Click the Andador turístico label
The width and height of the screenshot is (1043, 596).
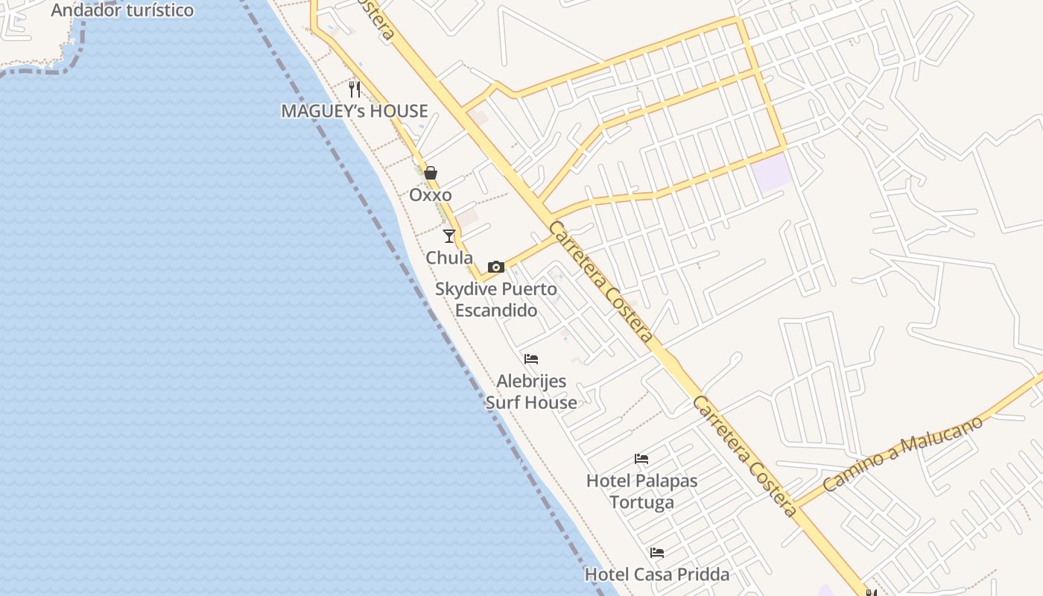(x=122, y=10)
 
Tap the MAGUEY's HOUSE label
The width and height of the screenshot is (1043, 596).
(x=355, y=111)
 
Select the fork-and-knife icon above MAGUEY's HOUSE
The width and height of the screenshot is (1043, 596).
(x=355, y=89)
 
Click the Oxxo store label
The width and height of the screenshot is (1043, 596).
(x=431, y=195)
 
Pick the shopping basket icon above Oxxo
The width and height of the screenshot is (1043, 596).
(x=431, y=174)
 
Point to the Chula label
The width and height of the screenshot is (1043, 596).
(x=449, y=258)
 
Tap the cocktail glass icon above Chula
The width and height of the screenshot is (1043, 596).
(x=449, y=236)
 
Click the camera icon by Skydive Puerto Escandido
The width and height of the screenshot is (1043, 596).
(x=496, y=267)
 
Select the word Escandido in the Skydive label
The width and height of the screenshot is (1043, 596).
(x=496, y=310)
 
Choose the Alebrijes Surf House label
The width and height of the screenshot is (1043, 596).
(x=531, y=392)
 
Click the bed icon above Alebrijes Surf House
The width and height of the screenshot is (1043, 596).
(x=531, y=359)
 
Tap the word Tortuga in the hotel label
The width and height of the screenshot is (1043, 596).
(x=642, y=502)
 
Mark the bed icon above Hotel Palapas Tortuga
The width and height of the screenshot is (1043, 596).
(x=641, y=459)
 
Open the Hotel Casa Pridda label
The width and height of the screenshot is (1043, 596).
(x=657, y=574)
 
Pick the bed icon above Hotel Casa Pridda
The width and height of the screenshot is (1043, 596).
(x=657, y=553)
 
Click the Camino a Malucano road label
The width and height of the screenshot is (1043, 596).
(x=903, y=454)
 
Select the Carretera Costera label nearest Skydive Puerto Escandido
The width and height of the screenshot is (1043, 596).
(x=602, y=282)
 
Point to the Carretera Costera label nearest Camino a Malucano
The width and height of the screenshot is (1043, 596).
(x=745, y=457)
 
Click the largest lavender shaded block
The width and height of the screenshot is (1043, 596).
(x=771, y=172)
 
